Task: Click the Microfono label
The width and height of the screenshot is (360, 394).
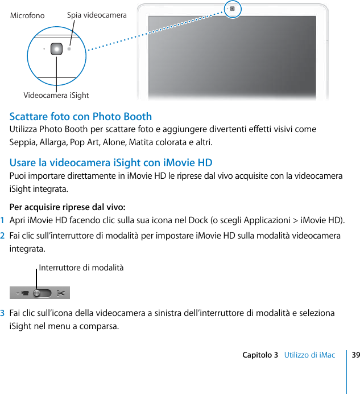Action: point(27,16)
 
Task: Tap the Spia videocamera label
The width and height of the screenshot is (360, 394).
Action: point(97,15)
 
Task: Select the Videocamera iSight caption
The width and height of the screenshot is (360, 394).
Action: point(56,95)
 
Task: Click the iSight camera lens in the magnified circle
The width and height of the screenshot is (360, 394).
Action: point(56,49)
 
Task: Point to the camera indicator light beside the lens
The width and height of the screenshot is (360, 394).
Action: point(69,49)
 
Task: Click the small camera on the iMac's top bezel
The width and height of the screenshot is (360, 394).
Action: point(232,9)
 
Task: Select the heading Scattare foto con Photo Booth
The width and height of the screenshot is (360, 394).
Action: point(81,117)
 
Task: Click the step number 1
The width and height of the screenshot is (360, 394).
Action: point(3,220)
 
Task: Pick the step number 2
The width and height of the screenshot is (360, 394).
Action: point(3,236)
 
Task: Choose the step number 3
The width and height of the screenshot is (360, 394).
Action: point(3,313)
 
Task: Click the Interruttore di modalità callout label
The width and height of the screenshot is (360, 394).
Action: point(81,268)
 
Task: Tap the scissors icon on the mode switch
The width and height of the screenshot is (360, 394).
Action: point(61,293)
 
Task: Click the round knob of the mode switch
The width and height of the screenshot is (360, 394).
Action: point(38,293)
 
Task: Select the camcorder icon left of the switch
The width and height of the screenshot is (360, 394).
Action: point(24,293)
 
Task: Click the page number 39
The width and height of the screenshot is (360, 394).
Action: point(355,355)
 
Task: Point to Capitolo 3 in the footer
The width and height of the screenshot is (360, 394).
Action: point(260,355)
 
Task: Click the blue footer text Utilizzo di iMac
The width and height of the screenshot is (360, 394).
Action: point(309,355)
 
